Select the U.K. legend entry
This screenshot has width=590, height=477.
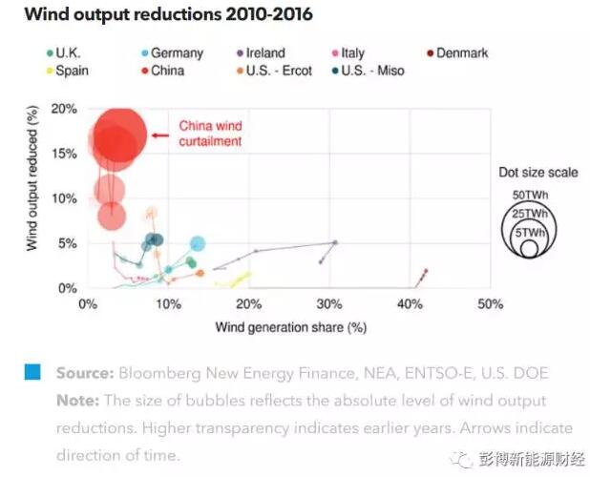pyautogui.click(x=69, y=53)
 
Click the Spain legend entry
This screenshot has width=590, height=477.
pyautogui.click(x=68, y=71)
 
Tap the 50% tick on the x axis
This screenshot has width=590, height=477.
pyautogui.click(x=490, y=304)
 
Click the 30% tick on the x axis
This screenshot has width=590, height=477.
pyautogui.click(x=328, y=304)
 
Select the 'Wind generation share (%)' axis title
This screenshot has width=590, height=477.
pyautogui.click(x=291, y=326)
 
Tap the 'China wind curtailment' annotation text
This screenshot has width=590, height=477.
pyautogui.click(x=211, y=134)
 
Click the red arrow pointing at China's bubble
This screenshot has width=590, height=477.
pyautogui.click(x=159, y=135)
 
